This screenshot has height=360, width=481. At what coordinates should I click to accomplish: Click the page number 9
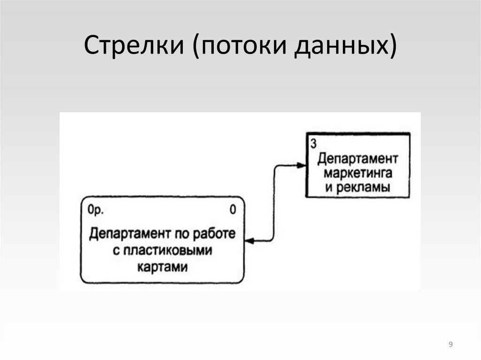pos(451,345)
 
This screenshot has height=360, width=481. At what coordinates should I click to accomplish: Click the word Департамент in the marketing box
pos(358,158)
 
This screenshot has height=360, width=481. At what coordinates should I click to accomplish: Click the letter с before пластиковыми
pos(116,250)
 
